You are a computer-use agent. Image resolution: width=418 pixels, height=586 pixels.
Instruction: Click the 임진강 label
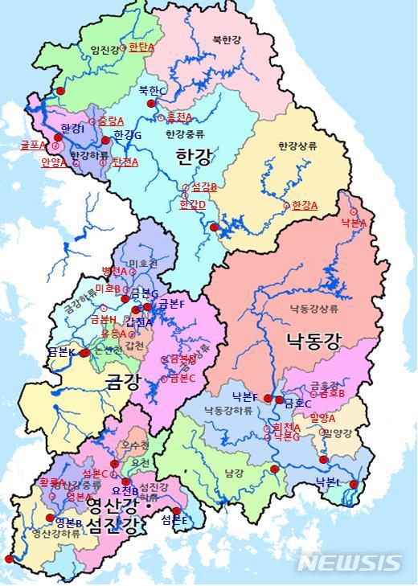(x=104, y=50)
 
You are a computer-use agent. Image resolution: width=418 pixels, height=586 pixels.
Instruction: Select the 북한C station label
(x=152, y=91)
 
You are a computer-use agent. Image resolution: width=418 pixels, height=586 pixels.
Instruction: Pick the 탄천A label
(x=125, y=162)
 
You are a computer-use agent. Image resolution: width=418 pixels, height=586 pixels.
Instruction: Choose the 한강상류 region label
(x=298, y=146)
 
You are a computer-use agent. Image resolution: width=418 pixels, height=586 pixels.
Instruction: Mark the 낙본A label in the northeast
(x=354, y=222)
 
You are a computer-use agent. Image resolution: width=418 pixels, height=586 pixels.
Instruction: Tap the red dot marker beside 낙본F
(x=268, y=398)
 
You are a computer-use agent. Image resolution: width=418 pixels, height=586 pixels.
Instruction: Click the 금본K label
(x=61, y=352)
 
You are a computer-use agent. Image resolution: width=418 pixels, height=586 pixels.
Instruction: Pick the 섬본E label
(x=174, y=520)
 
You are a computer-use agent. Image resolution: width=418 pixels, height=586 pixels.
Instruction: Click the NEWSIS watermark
(x=348, y=563)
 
